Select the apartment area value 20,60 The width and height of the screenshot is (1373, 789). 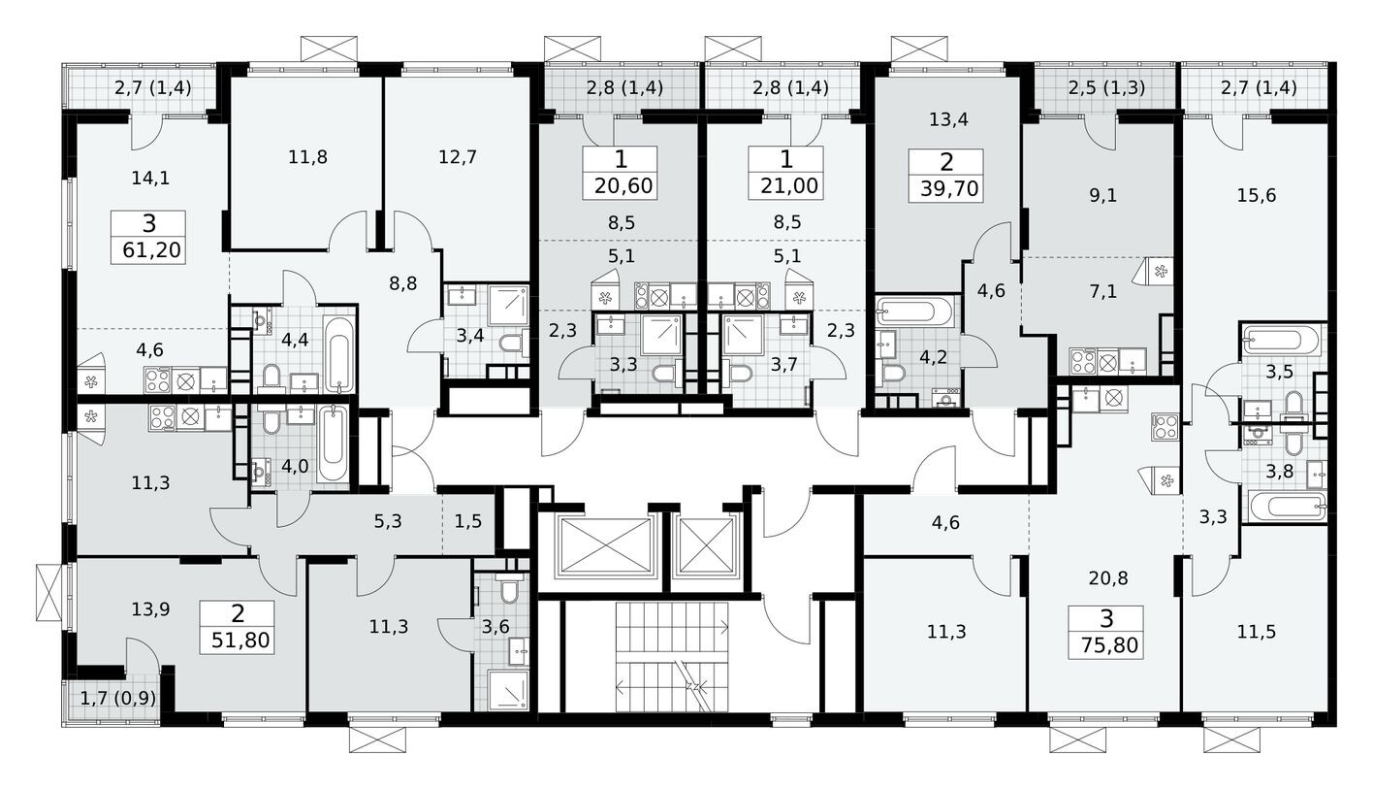tap(621, 187)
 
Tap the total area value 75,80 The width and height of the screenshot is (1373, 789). tap(1106, 644)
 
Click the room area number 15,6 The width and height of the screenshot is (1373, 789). tap(1257, 194)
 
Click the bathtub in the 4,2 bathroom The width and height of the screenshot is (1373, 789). tap(916, 312)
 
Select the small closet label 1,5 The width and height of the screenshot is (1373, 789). tap(468, 521)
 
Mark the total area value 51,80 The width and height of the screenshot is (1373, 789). tap(238, 640)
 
